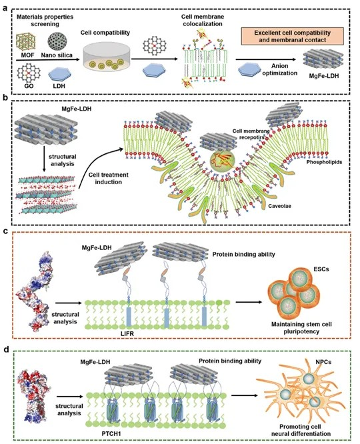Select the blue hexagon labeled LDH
click(59, 75)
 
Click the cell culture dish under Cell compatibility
click(105, 57)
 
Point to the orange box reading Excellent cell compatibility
click(292, 36)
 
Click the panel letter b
click(5, 97)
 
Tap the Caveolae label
click(279, 206)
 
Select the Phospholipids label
click(324, 162)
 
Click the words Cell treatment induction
click(108, 179)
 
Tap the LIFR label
click(126, 334)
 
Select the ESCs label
click(321, 269)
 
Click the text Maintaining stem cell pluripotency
click(301, 327)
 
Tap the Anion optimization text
click(280, 69)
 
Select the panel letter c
click(5, 231)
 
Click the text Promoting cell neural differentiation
click(301, 430)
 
